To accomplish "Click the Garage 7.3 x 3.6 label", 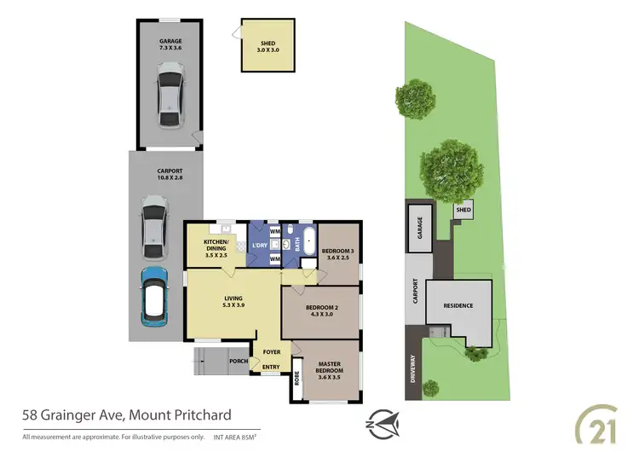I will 170,44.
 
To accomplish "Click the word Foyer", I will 272,351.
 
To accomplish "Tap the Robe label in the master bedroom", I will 297,377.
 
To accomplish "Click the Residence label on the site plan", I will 457,306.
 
